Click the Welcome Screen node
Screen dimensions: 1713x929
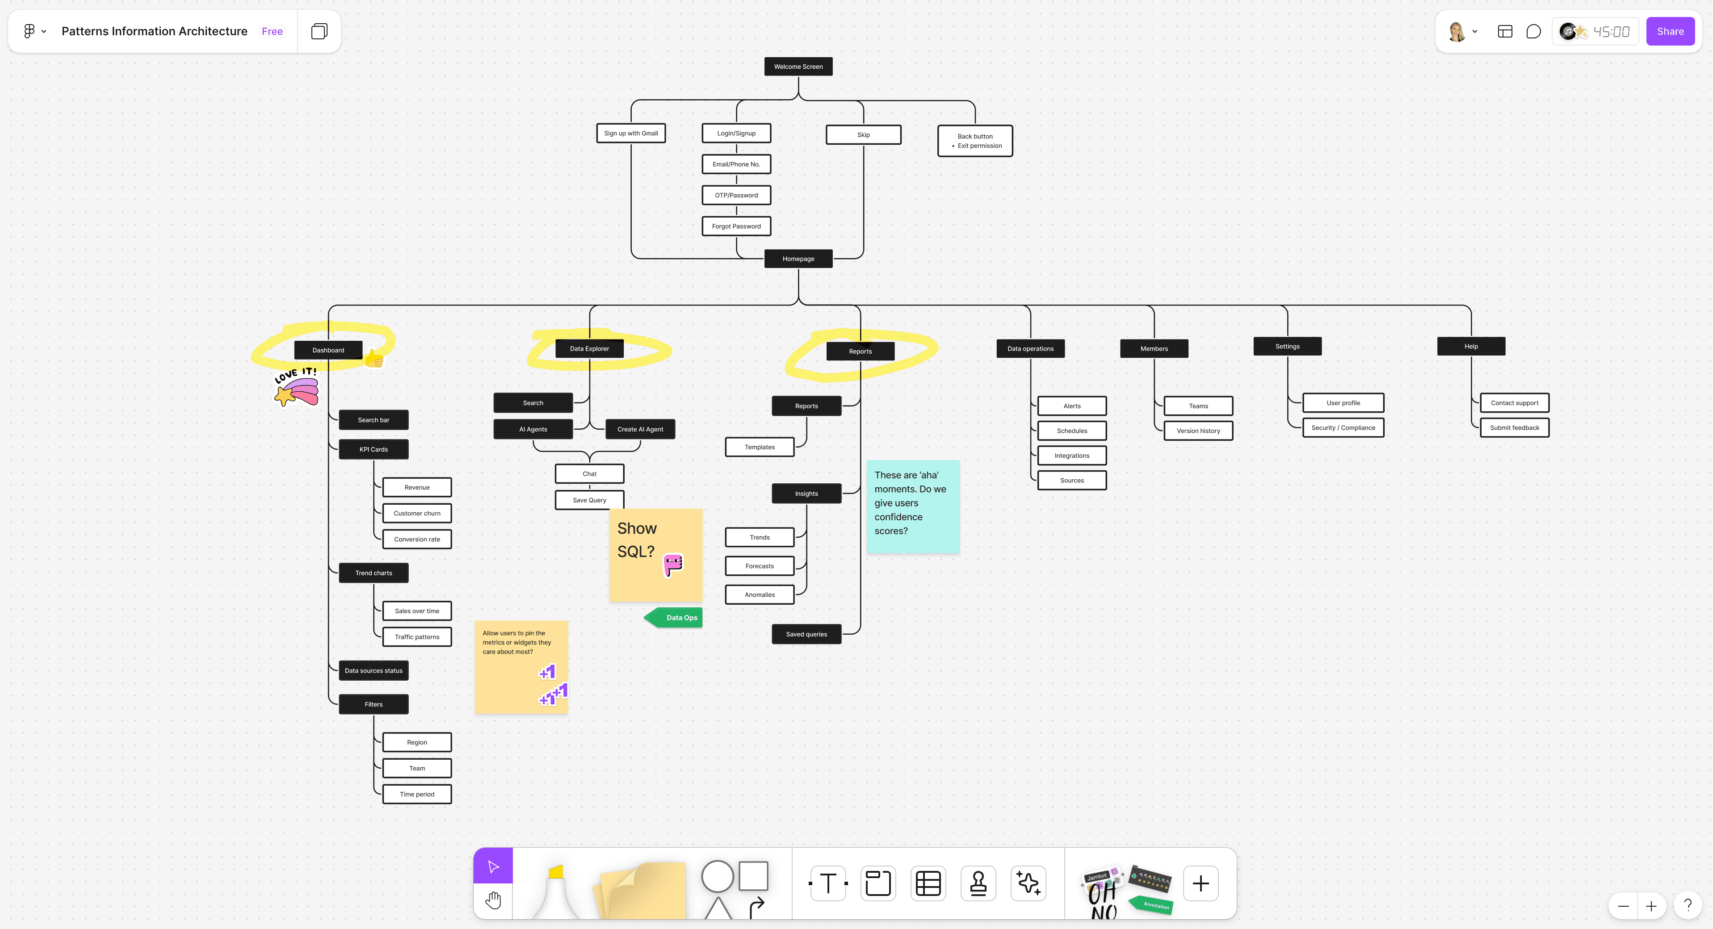pyautogui.click(x=798, y=67)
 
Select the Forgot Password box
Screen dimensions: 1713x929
pyautogui.click(x=736, y=226)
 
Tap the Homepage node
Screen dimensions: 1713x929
pyautogui.click(x=798, y=259)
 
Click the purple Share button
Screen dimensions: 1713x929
pyautogui.click(x=1670, y=31)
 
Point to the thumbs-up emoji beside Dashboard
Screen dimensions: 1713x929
pyautogui.click(x=374, y=360)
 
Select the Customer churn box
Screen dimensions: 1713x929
pyautogui.click(x=417, y=513)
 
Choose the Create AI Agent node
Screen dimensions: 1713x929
pyautogui.click(x=640, y=429)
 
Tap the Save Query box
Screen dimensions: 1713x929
pyautogui.click(x=589, y=500)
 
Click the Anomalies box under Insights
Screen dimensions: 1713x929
pyautogui.click(x=760, y=595)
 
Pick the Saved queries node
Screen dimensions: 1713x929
pyautogui.click(x=806, y=634)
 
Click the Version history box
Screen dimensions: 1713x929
pyautogui.click(x=1198, y=431)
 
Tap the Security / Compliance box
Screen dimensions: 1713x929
pyautogui.click(x=1343, y=427)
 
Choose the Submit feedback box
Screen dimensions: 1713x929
pyautogui.click(x=1514, y=427)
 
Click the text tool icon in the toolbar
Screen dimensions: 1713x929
pyautogui.click(x=828, y=883)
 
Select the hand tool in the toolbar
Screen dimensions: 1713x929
pyautogui.click(x=493, y=900)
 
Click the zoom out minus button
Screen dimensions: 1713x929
pyautogui.click(x=1623, y=906)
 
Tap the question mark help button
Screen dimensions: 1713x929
pyautogui.click(x=1688, y=905)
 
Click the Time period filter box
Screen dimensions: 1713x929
pyautogui.click(x=417, y=794)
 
